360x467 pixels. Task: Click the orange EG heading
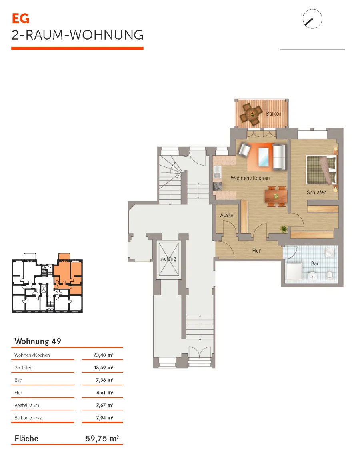[20, 18]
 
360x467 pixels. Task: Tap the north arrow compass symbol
[312, 19]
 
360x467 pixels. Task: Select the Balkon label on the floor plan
[273, 114]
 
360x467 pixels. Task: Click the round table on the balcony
[252, 114]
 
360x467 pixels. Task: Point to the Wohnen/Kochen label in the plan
[250, 178]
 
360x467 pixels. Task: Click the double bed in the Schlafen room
[322, 170]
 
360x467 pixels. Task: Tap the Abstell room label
[228, 215]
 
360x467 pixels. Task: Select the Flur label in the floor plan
[256, 251]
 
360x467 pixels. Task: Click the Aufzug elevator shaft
[168, 259]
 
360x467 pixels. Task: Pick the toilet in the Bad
[330, 275]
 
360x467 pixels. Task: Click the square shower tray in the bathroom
[294, 272]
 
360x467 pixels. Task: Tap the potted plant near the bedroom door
[284, 229]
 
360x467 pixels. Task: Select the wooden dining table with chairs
[276, 196]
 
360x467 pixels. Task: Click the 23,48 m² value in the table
[103, 355]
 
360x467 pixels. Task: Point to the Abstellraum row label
[27, 405]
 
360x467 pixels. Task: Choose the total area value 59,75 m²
[102, 439]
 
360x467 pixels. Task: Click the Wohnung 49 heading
[38, 341]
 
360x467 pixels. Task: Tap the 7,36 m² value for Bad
[104, 380]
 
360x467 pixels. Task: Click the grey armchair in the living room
[244, 150]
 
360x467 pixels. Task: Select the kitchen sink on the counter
[218, 172]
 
